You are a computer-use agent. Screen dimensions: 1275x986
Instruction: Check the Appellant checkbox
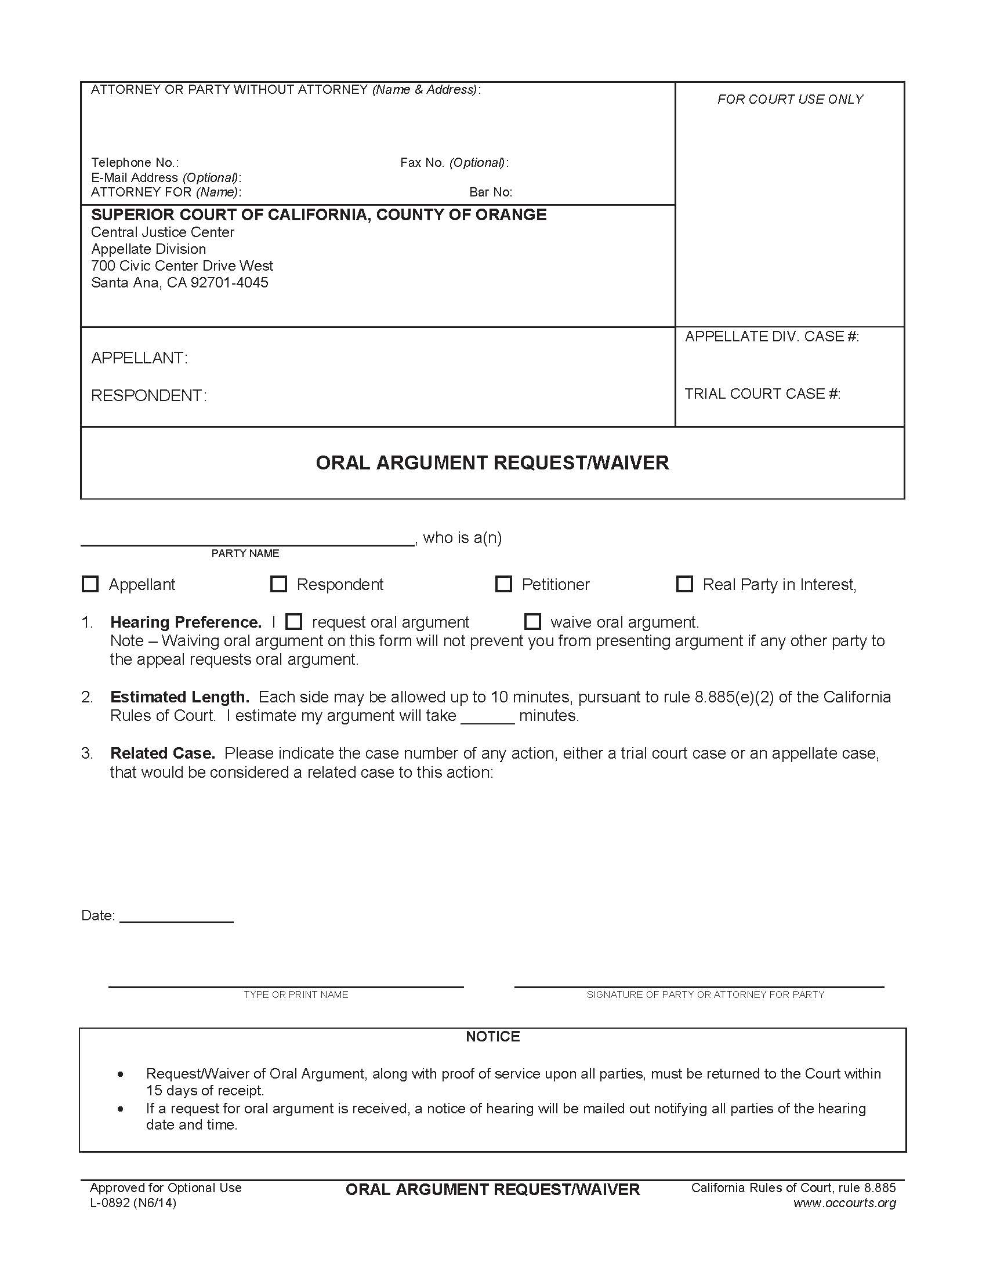pos(90,584)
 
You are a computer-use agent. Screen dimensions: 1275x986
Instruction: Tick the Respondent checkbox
pos(278,584)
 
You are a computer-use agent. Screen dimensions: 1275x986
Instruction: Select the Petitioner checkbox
pos(503,584)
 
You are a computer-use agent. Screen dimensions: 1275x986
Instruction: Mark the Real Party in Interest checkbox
pos(684,584)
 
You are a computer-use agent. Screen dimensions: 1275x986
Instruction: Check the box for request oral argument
pos(294,621)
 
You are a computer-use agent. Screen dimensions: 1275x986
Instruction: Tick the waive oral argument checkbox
pos(532,621)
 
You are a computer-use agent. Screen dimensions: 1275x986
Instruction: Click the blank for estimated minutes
pos(487,717)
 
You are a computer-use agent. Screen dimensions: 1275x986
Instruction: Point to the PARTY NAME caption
pos(245,553)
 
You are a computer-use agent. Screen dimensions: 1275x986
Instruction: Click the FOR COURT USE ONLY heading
pos(790,99)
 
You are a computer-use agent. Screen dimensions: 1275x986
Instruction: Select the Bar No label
pos(491,192)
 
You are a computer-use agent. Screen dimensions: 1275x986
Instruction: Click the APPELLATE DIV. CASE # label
pos(771,336)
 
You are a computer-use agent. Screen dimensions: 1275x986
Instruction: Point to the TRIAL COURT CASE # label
pos(762,394)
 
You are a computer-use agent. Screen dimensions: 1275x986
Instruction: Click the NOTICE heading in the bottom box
pos(492,1036)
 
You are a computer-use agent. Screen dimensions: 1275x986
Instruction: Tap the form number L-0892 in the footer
pos(133,1203)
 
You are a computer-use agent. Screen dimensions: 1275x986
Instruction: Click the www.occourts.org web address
pos(844,1203)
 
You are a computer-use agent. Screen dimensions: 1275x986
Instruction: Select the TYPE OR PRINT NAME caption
pos(296,994)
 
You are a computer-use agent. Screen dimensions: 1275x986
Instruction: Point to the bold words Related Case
pos(162,753)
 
